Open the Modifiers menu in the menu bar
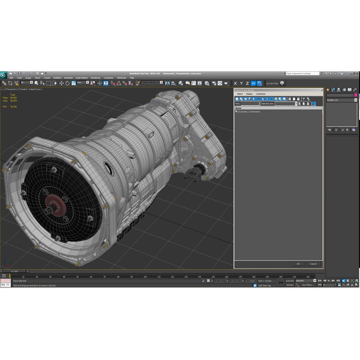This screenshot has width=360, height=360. tap(57, 78)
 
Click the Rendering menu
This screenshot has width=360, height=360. tap(95, 78)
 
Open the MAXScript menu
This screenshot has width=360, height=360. tap(121, 78)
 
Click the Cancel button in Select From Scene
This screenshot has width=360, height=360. tap(313, 264)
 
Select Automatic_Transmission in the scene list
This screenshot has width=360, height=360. tap(249, 112)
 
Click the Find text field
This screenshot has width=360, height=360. tap(250, 104)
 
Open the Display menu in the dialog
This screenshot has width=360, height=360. tap(249, 94)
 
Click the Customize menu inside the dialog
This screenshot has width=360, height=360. tap(261, 94)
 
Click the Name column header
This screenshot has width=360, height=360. tap(238, 108)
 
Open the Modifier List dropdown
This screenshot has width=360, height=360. tap(341, 100)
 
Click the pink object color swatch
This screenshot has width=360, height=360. tap(356, 95)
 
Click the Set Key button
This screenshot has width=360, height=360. tap(290, 285)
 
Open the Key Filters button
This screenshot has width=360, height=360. tap(308, 285)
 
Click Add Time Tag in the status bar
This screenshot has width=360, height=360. tap(264, 285)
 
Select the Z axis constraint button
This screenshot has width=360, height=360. tap(247, 83)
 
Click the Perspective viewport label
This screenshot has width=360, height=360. tap(12, 89)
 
